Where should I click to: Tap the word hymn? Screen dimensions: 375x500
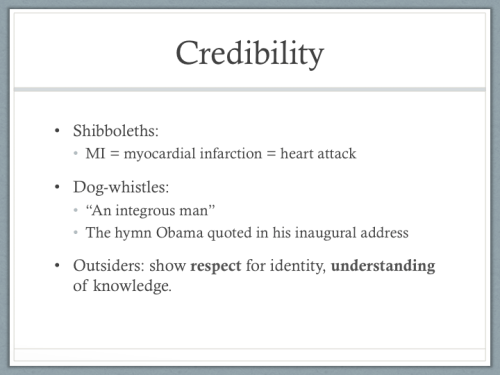click(142, 233)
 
